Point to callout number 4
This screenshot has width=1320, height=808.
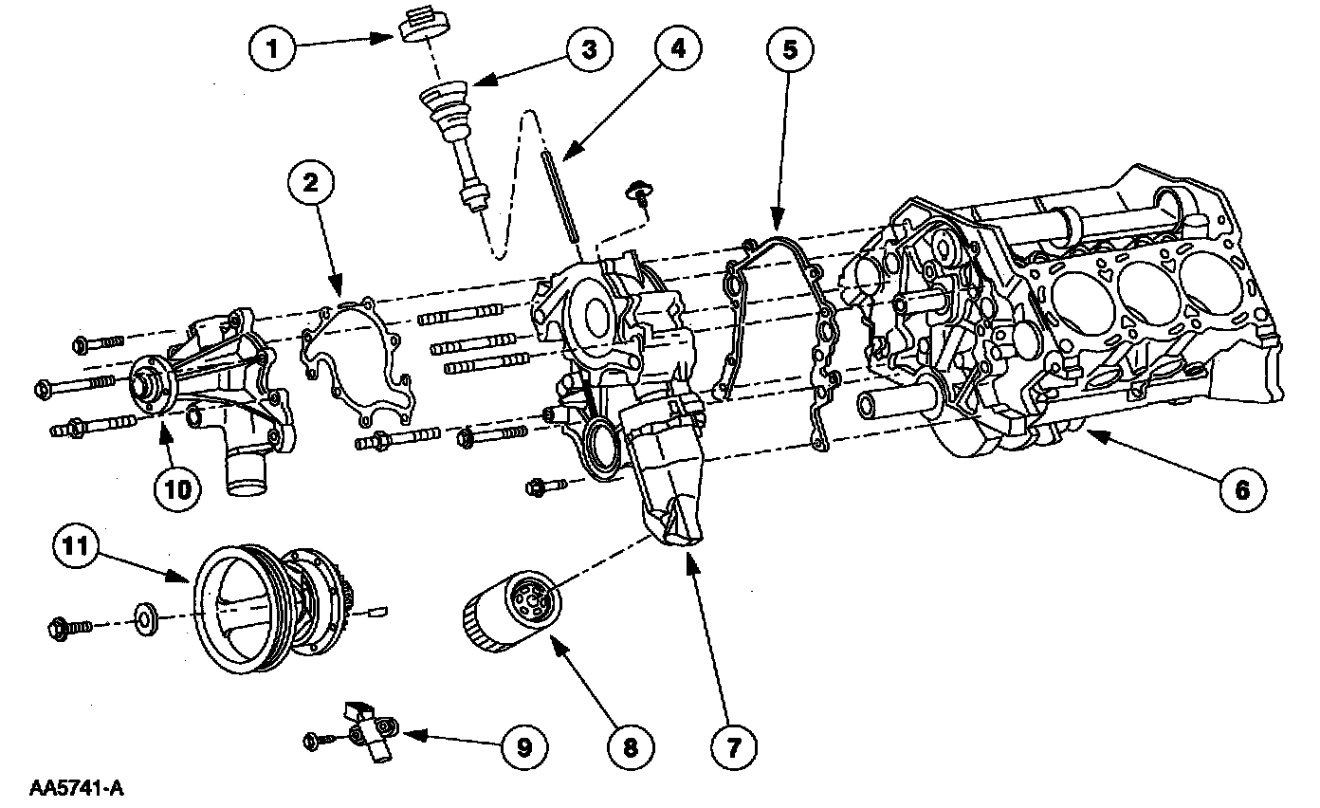[x=678, y=48]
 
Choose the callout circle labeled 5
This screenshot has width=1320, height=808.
[x=790, y=49]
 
